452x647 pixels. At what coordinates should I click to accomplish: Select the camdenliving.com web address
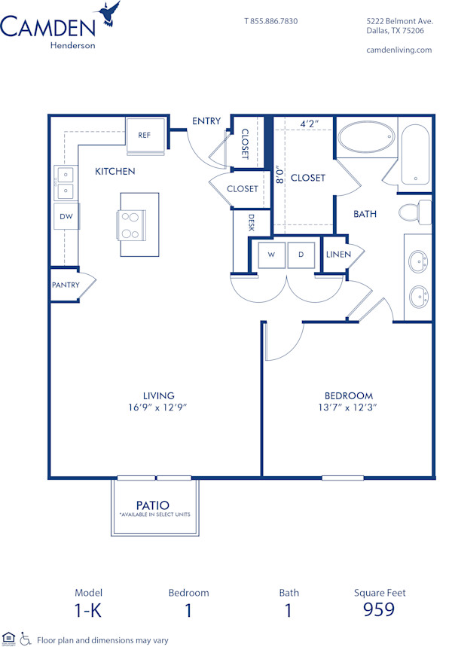coord(398,50)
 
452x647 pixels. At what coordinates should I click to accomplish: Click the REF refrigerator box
coord(144,135)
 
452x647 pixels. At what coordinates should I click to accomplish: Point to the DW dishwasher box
coord(66,217)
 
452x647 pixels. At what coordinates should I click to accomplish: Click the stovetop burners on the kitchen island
coord(129,225)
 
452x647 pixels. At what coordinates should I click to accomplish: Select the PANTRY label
coord(66,285)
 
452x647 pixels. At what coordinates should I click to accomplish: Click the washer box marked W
coord(270,255)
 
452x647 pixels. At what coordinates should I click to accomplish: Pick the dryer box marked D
coord(301,255)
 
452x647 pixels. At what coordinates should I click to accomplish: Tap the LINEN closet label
coord(338,255)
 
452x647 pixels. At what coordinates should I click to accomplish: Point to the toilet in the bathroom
coord(413,212)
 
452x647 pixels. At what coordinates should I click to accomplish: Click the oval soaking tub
coord(365,139)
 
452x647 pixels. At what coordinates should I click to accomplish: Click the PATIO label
coord(153,505)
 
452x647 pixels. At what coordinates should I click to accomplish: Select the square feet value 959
coord(379,609)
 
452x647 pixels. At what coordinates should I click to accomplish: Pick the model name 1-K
coord(88,609)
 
